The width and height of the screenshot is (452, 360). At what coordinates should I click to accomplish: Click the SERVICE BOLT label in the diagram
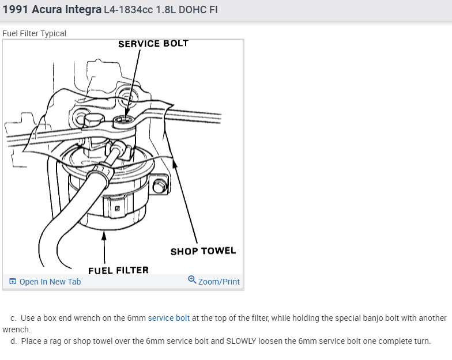click(153, 43)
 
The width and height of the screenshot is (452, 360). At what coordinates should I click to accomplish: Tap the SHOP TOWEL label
click(203, 251)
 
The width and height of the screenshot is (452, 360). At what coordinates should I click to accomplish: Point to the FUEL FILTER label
click(118, 270)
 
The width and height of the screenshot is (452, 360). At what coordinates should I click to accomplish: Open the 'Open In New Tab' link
click(50, 282)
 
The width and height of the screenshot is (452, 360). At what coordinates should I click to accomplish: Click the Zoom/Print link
click(219, 282)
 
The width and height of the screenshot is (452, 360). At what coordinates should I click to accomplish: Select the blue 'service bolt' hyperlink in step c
click(169, 318)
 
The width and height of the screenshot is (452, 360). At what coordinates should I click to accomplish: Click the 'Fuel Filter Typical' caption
click(34, 33)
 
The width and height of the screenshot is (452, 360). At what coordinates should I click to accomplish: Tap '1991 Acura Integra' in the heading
click(52, 10)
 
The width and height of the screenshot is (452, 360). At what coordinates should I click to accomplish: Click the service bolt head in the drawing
click(122, 121)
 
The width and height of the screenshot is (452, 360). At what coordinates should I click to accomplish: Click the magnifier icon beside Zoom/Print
click(192, 281)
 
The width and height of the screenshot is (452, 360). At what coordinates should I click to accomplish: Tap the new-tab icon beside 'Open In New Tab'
click(13, 282)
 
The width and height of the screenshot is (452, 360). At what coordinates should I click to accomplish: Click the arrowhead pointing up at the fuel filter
click(104, 234)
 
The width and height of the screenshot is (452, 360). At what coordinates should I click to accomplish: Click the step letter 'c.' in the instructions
click(14, 318)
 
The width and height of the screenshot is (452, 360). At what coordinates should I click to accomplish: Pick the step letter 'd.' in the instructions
click(14, 341)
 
